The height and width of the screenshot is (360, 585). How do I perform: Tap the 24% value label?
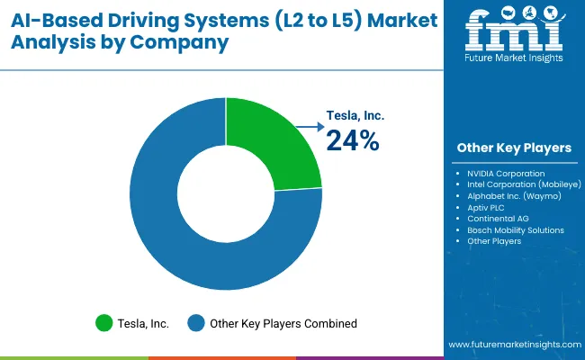354,141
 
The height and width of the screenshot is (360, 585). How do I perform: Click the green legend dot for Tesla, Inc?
104,323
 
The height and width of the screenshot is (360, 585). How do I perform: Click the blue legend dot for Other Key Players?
196,323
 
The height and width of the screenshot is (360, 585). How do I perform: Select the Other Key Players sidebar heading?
514,148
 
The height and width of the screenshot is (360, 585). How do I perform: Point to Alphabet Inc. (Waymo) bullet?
514,195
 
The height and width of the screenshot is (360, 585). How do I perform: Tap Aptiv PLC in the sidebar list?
487,207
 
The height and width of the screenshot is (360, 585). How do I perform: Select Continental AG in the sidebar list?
498,219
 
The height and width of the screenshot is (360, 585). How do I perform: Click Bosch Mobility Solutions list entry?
516,230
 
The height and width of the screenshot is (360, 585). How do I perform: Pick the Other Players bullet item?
494,241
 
